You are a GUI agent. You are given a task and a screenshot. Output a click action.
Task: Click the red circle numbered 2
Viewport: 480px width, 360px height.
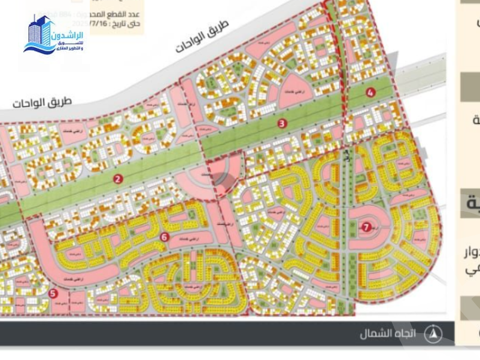[118, 179]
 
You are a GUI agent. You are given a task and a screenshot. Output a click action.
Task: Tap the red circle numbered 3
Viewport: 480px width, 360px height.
[282, 123]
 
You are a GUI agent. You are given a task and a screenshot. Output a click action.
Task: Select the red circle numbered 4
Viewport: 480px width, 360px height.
[370, 92]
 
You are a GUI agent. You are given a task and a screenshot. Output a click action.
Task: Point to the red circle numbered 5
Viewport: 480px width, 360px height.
[53, 293]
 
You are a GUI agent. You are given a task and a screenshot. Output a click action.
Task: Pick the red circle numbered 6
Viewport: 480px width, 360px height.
[165, 237]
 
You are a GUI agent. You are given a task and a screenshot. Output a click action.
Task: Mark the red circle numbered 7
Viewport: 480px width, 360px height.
[366, 227]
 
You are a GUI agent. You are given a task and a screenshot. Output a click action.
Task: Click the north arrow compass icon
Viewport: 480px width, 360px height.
[433, 333]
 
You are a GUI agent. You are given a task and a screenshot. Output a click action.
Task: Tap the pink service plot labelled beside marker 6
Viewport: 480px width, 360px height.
[190, 240]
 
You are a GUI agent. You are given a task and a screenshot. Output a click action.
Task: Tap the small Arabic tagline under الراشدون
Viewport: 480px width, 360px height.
[69, 46]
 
